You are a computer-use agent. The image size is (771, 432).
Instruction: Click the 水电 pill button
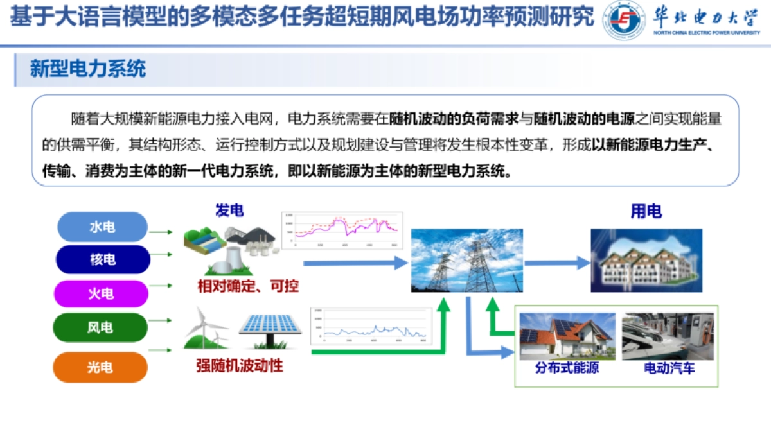click(103, 227)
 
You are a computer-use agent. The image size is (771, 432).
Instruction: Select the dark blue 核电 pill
click(103, 260)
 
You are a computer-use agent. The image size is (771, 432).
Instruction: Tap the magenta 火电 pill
click(103, 294)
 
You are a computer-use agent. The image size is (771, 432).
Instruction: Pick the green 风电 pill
click(100, 327)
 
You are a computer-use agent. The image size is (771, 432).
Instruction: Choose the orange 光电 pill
click(100, 367)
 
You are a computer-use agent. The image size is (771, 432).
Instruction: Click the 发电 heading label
click(229, 210)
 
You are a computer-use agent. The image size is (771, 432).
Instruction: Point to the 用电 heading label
click(646, 211)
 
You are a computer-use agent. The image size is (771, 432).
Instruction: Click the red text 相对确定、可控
click(248, 286)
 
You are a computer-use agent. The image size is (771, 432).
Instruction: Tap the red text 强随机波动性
click(240, 366)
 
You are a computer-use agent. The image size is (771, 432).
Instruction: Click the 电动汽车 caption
click(669, 368)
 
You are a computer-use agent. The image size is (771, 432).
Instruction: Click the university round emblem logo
click(624, 21)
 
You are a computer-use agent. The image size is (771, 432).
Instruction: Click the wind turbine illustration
click(207, 328)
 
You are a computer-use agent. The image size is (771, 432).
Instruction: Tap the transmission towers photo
click(467, 261)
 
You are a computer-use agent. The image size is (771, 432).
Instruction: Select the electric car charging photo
click(669, 336)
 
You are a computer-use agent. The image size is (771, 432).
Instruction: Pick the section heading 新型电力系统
click(88, 69)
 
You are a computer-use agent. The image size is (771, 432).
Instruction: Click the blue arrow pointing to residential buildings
click(557, 262)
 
